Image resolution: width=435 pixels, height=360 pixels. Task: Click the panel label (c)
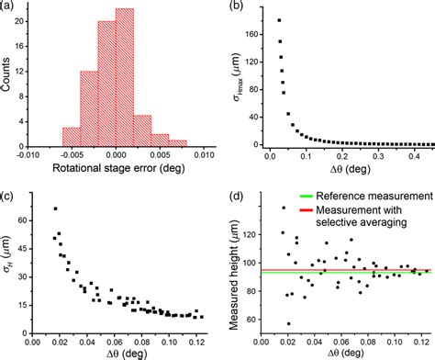click(9, 196)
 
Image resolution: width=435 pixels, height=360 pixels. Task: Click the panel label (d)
click(237, 195)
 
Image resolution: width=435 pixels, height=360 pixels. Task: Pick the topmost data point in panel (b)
click(278, 20)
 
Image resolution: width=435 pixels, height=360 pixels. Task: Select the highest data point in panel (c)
click(56, 209)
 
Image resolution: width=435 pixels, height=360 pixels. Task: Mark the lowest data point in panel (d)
click(289, 323)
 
